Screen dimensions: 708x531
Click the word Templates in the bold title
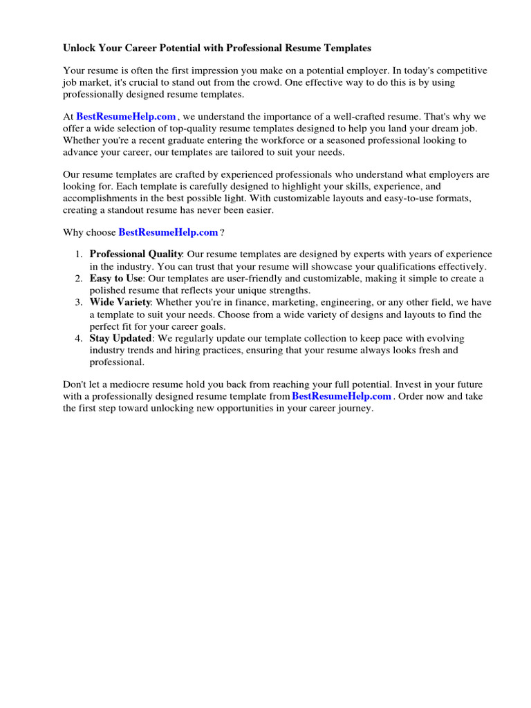coord(347,48)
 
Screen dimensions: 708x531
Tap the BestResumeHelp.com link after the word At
coord(127,118)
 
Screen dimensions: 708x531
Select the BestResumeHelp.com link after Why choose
coord(169,232)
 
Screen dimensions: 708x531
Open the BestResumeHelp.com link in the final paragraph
coord(342,396)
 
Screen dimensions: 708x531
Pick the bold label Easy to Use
coord(115,278)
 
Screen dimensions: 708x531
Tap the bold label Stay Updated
coord(120,338)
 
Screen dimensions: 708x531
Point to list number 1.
coord(79,254)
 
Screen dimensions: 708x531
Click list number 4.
coord(79,338)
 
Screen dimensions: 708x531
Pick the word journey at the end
coord(355,409)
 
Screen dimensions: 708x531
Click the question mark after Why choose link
coord(222,232)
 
